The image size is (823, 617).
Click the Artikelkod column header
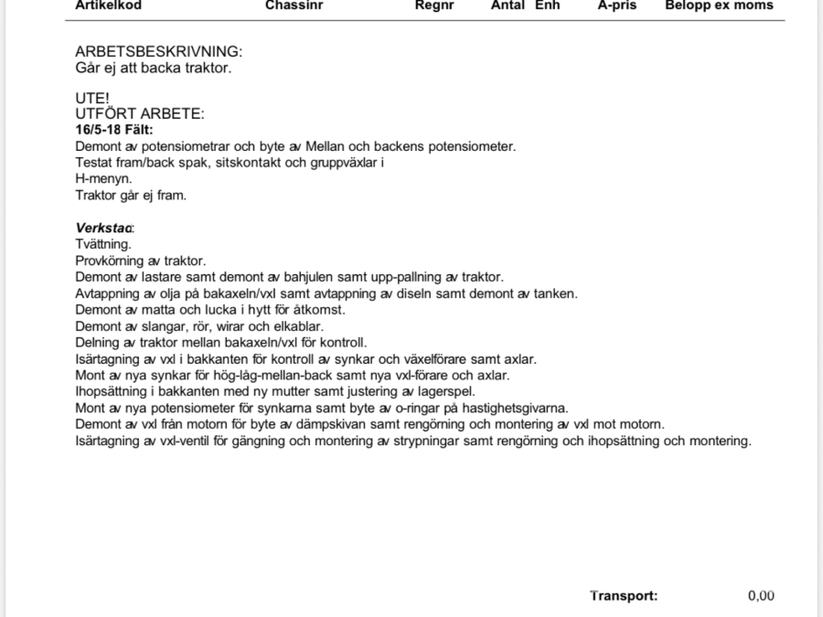coord(108,5)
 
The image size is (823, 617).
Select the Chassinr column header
coord(294,5)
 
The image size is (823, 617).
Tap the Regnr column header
coord(434,5)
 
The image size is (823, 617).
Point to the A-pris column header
coord(616,5)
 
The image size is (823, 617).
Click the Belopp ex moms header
coord(719,5)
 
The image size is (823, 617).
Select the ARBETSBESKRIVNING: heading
coord(158,52)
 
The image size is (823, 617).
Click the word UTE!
coord(91,98)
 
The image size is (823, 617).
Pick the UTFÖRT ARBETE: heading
coord(140,113)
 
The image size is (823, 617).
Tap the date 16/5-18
coord(97,130)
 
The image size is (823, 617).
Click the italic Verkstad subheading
coord(104,228)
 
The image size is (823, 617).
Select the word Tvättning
coord(103,244)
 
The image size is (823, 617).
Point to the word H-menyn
coord(103,178)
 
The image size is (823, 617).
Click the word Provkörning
coord(111,261)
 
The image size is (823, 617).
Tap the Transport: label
coord(624,596)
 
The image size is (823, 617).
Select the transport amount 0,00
coord(761,596)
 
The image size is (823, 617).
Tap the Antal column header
coord(508,5)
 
